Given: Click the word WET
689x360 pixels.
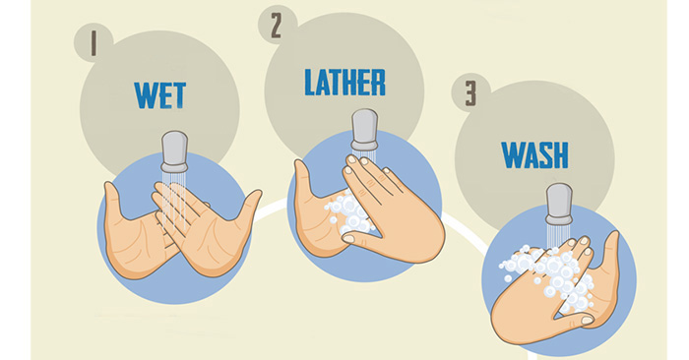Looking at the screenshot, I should pyautogui.click(x=159, y=95).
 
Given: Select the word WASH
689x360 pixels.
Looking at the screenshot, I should pyautogui.click(x=534, y=155).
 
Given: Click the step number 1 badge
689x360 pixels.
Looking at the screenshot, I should pyautogui.click(x=93, y=43).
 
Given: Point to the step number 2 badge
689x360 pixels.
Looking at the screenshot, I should pyautogui.click(x=277, y=25).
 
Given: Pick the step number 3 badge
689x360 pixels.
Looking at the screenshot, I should pyautogui.click(x=470, y=92).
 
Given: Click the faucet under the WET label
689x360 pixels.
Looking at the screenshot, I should pyautogui.click(x=174, y=151).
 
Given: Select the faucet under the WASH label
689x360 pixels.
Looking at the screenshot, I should pyautogui.click(x=559, y=204).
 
